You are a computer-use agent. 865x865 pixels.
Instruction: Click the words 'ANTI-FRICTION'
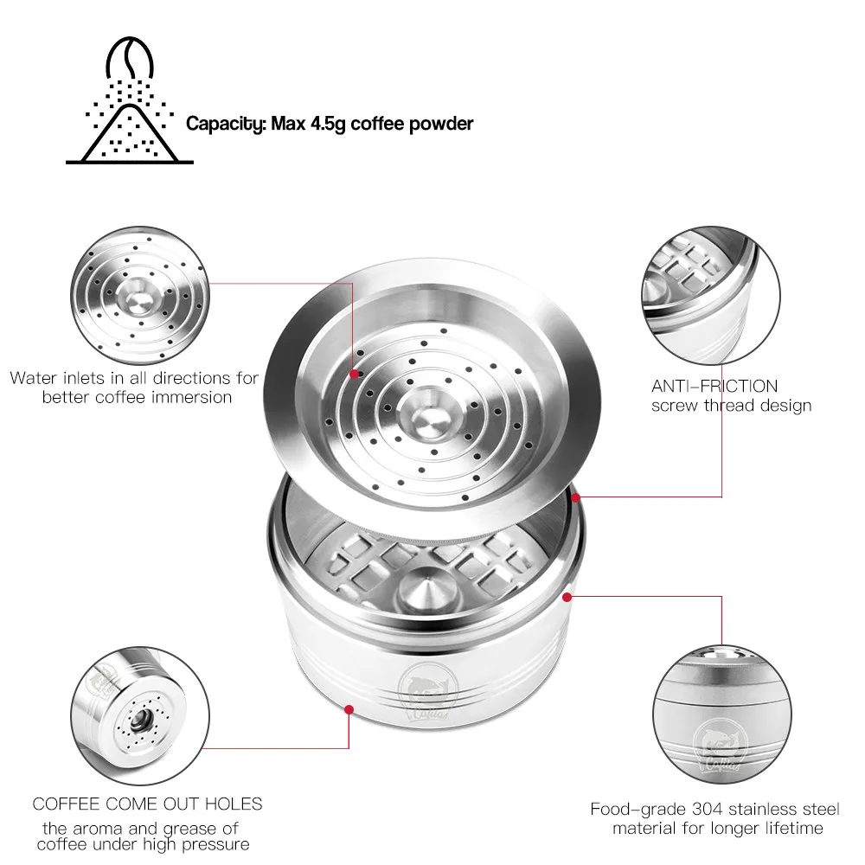coord(714,386)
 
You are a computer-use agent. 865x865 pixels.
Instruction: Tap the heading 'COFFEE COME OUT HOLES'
coord(147,804)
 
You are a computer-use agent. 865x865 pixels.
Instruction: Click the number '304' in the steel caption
coord(708,811)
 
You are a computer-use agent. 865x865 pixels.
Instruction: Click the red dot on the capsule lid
coord(355,375)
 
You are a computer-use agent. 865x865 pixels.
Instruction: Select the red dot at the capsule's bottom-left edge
coord(349,709)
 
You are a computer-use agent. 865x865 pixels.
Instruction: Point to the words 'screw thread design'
coord(731,405)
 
